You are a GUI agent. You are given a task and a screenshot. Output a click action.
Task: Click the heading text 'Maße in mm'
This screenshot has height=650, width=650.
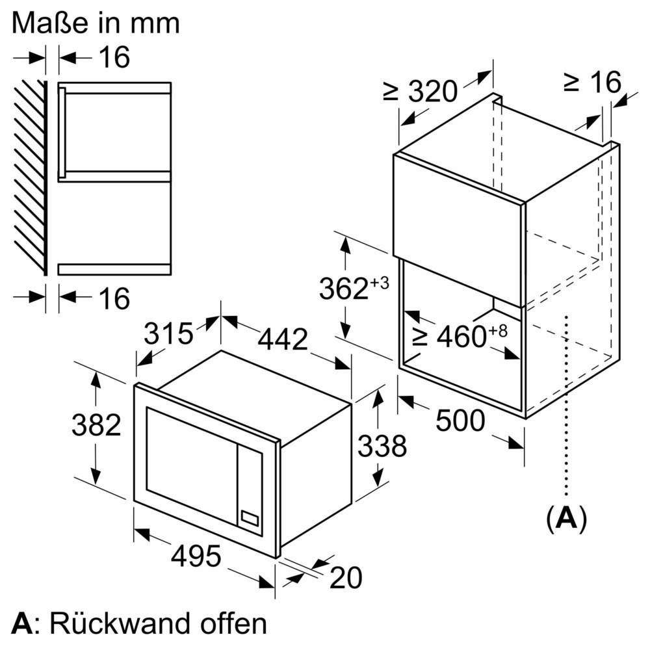click(x=96, y=23)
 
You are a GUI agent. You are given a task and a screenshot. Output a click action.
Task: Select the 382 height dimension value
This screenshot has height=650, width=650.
click(x=96, y=425)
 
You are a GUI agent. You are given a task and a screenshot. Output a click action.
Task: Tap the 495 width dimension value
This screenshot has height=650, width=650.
click(x=196, y=556)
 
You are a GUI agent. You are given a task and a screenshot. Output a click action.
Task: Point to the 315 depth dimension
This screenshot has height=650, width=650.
click(x=168, y=333)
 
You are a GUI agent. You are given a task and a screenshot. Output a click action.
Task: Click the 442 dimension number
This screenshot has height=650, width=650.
click(x=283, y=339)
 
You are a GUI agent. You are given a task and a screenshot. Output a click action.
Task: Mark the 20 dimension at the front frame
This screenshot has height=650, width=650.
click(x=345, y=578)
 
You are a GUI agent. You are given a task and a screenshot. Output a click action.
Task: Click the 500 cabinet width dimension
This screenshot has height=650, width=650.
click(x=460, y=421)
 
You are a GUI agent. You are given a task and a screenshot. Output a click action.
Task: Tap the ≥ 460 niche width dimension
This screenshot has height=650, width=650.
click(x=459, y=335)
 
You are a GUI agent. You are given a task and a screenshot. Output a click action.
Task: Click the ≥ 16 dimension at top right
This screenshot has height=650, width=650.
click(x=592, y=83)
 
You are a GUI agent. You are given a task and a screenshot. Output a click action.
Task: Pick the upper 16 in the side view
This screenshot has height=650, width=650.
click(x=114, y=57)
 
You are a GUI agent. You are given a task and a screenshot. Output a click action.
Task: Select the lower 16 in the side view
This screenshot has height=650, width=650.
click(x=114, y=298)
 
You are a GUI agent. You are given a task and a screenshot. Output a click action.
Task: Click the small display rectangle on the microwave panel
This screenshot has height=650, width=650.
click(x=250, y=517)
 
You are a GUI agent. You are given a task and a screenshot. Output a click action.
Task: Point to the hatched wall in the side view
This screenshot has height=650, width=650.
click(x=29, y=175)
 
